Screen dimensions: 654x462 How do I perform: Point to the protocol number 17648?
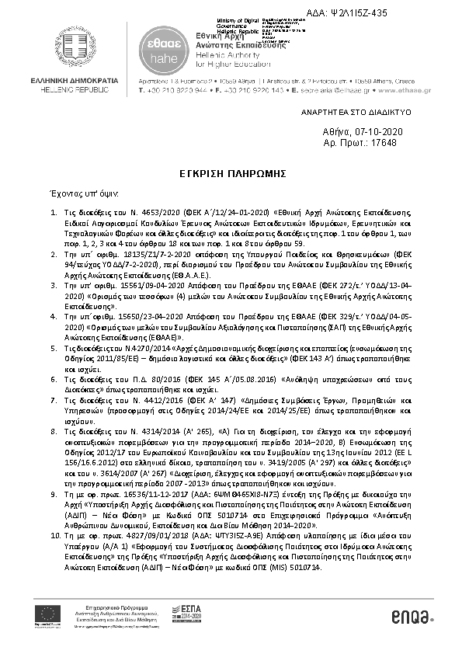click(381, 144)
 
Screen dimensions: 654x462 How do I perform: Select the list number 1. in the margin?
click(54, 211)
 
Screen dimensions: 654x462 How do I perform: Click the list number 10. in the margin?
click(55, 535)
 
